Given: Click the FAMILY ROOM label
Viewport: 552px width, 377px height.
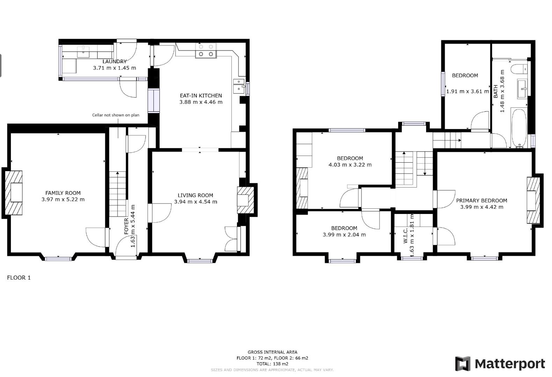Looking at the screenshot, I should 63,193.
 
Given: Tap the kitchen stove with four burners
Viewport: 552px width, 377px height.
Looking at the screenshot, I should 206,50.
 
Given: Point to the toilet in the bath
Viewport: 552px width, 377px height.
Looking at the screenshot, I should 519,69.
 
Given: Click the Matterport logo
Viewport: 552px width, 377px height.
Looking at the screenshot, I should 500,364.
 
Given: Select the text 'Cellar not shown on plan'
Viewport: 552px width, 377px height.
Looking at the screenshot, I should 116,115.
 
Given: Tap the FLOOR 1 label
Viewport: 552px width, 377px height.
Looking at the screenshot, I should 19,278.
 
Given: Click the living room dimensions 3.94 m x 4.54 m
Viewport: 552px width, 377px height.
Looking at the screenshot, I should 195,202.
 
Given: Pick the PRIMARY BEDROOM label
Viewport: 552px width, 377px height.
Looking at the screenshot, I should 481,200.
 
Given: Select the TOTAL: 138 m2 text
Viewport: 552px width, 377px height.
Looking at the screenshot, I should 272,364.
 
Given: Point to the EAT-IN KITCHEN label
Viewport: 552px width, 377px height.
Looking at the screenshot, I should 201,95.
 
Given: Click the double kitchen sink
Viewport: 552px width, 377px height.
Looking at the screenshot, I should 239,85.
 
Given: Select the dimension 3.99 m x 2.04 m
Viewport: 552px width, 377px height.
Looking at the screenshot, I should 344,235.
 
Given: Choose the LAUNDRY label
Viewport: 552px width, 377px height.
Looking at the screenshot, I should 114,61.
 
